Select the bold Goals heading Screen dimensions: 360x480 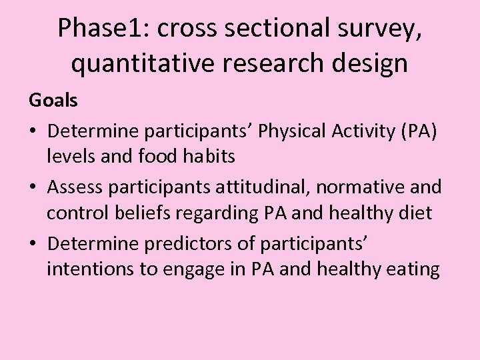[53, 101]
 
